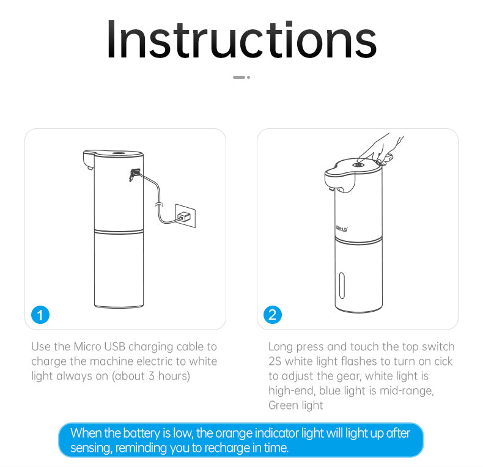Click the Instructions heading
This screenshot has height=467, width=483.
click(x=242, y=40)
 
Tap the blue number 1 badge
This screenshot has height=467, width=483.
click(x=40, y=315)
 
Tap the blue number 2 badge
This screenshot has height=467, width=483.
click(x=272, y=315)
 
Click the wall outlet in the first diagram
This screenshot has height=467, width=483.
click(x=185, y=215)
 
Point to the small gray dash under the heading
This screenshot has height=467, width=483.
click(x=239, y=77)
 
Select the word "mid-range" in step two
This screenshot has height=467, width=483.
click(x=405, y=391)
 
